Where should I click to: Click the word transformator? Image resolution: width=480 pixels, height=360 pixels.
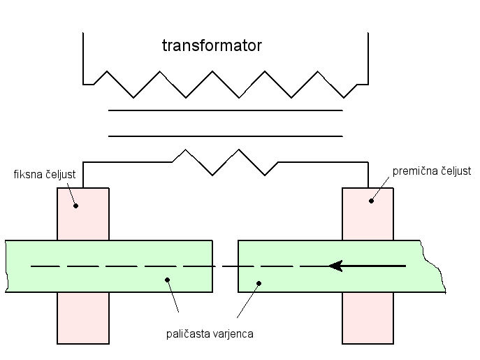click(x=212, y=47)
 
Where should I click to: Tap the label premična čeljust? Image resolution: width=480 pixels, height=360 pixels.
click(x=431, y=171)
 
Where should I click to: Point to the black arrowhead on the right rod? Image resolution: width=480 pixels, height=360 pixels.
click(x=336, y=266)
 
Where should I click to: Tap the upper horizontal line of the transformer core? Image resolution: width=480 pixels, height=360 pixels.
click(x=225, y=110)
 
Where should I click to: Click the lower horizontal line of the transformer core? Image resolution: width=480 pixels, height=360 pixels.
click(x=225, y=136)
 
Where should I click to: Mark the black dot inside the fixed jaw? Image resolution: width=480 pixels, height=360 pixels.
click(x=75, y=206)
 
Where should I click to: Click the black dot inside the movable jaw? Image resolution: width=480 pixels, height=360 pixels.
click(x=372, y=201)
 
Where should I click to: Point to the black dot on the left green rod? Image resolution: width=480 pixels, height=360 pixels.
click(x=167, y=280)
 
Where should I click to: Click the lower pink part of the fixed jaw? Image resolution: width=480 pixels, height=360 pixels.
click(x=82, y=318)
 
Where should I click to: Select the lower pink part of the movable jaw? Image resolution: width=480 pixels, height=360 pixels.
click(x=368, y=318)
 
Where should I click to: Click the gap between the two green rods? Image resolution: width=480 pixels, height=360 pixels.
click(x=225, y=266)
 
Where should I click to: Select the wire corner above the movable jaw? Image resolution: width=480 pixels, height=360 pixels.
click(x=368, y=163)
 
